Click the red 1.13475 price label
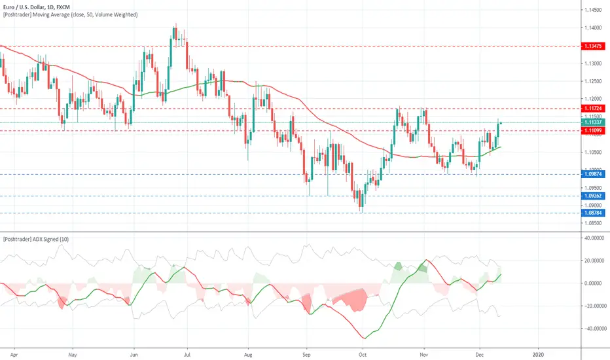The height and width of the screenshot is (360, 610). coord(593,46)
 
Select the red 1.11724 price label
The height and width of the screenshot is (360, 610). coord(593,108)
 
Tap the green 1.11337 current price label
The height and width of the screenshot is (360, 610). coord(593,122)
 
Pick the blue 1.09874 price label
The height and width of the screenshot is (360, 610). coord(593,174)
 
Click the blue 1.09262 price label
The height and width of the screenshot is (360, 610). coord(593,196)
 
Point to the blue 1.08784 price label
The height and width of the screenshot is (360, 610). coord(593,213)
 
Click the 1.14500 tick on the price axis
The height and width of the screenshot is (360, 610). coord(593,10)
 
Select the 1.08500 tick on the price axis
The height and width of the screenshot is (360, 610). coord(593,223)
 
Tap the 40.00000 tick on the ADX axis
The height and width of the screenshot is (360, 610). coord(595,238)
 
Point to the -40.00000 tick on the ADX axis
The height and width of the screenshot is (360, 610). coord(594,329)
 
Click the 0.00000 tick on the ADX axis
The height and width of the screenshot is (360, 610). coord(595,283)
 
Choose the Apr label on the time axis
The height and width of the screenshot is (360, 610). coord(14,355)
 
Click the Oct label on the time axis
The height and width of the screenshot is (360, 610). coord(363,355)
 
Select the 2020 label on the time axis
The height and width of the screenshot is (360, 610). coord(538,355)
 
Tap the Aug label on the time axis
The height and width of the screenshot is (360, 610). coord(248,355)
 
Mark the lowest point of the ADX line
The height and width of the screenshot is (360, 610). coord(364,338)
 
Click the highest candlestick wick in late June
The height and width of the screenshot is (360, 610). coord(176,24)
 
